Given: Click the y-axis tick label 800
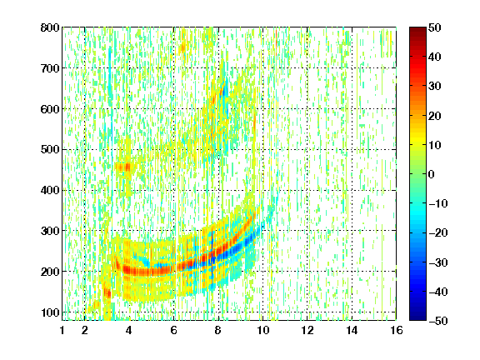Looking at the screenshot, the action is tap(50, 27).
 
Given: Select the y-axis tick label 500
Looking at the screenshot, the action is tap(50, 150).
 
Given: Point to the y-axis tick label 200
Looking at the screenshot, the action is tap(50, 272).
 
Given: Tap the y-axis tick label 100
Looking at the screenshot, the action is tap(50, 312).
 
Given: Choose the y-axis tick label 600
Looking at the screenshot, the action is tap(50, 109).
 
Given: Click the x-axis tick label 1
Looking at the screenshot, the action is tap(62, 330).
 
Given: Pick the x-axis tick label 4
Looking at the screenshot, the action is tap(129, 330).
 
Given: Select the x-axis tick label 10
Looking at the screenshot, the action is tap(262, 330).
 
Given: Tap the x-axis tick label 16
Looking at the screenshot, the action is tap(397, 330).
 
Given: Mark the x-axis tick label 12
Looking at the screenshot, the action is tap(307, 330).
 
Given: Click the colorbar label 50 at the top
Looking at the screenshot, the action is tap(435, 27).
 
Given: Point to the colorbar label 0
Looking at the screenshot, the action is tap(432, 174).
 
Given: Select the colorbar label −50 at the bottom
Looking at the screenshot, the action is tap(438, 321).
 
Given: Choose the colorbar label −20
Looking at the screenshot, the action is tap(438, 233).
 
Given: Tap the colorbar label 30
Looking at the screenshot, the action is tap(435, 87).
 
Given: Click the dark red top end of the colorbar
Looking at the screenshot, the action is tap(417, 29).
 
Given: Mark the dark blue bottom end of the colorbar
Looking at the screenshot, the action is tap(417, 317).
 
